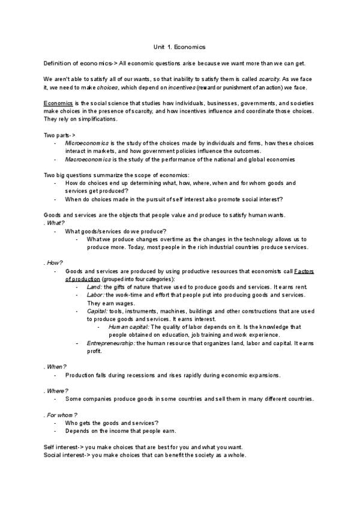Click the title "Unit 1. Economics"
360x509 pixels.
tap(180, 46)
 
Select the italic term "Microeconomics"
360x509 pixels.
tap(87, 143)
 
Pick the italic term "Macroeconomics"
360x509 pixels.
tap(88, 159)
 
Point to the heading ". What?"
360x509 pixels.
tap(54, 223)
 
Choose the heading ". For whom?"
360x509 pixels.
tap(61, 415)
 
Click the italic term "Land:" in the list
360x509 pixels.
tap(95, 287)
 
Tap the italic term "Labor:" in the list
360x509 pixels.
tap(96, 295)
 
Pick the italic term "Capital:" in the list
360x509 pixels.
tap(98, 311)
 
